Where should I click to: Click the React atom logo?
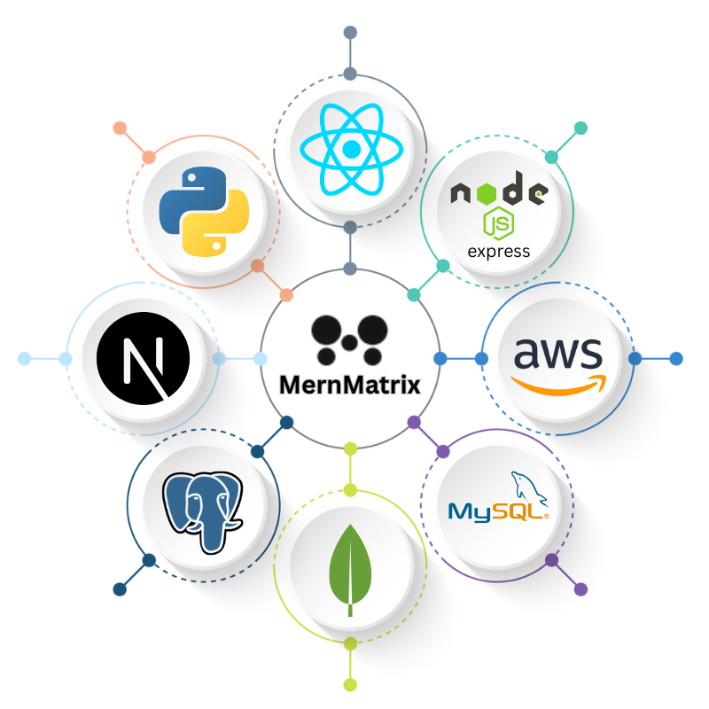coord(351,149)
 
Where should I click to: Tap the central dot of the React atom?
coord(351,150)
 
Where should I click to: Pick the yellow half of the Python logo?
coord(217,229)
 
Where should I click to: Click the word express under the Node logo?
coord(499,251)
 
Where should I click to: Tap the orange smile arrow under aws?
coord(559,384)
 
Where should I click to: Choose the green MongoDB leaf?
coord(350,567)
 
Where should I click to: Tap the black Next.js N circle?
coord(143,358)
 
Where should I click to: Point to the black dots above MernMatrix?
coord(350,339)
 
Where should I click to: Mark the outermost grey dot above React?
coord(350,33)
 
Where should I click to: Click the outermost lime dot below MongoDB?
coord(350,684)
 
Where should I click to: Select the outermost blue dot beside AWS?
coord(676,359)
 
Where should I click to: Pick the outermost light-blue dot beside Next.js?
coord(24,359)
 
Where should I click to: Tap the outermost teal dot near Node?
coord(580,129)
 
